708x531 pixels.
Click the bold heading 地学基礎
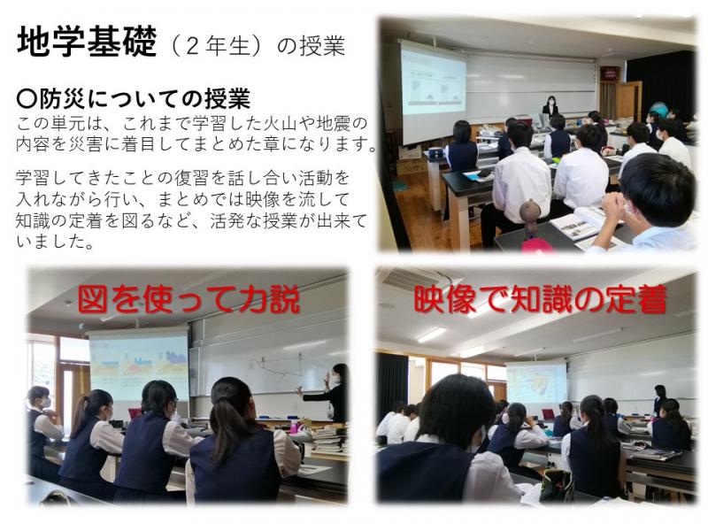(x=87, y=41)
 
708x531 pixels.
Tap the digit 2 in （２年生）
(x=192, y=46)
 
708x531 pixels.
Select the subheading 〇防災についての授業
(x=134, y=99)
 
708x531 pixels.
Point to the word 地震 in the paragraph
(x=334, y=123)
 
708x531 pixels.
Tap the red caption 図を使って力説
(x=189, y=300)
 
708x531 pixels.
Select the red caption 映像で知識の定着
(x=540, y=299)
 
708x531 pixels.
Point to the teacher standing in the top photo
(x=550, y=106)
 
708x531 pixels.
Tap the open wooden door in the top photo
(x=628, y=101)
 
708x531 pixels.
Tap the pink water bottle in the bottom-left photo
(x=295, y=427)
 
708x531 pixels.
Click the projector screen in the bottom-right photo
(x=536, y=383)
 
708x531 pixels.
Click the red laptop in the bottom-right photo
(x=548, y=414)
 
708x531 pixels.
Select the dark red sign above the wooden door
(x=610, y=73)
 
